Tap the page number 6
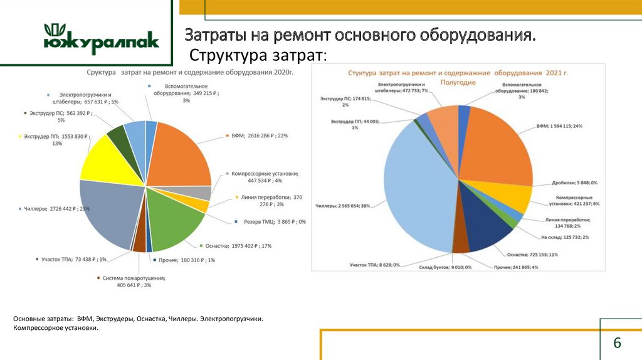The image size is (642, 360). [617, 343]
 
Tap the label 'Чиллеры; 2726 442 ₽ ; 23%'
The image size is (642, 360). [55, 209]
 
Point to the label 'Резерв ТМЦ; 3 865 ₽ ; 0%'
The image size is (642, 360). [270, 222]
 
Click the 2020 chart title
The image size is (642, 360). [190, 73]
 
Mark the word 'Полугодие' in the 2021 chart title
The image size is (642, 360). [458, 82]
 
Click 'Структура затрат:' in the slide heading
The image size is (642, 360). [258, 55]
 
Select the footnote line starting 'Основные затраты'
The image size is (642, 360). [138, 319]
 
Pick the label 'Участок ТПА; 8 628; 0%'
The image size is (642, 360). [375, 265]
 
